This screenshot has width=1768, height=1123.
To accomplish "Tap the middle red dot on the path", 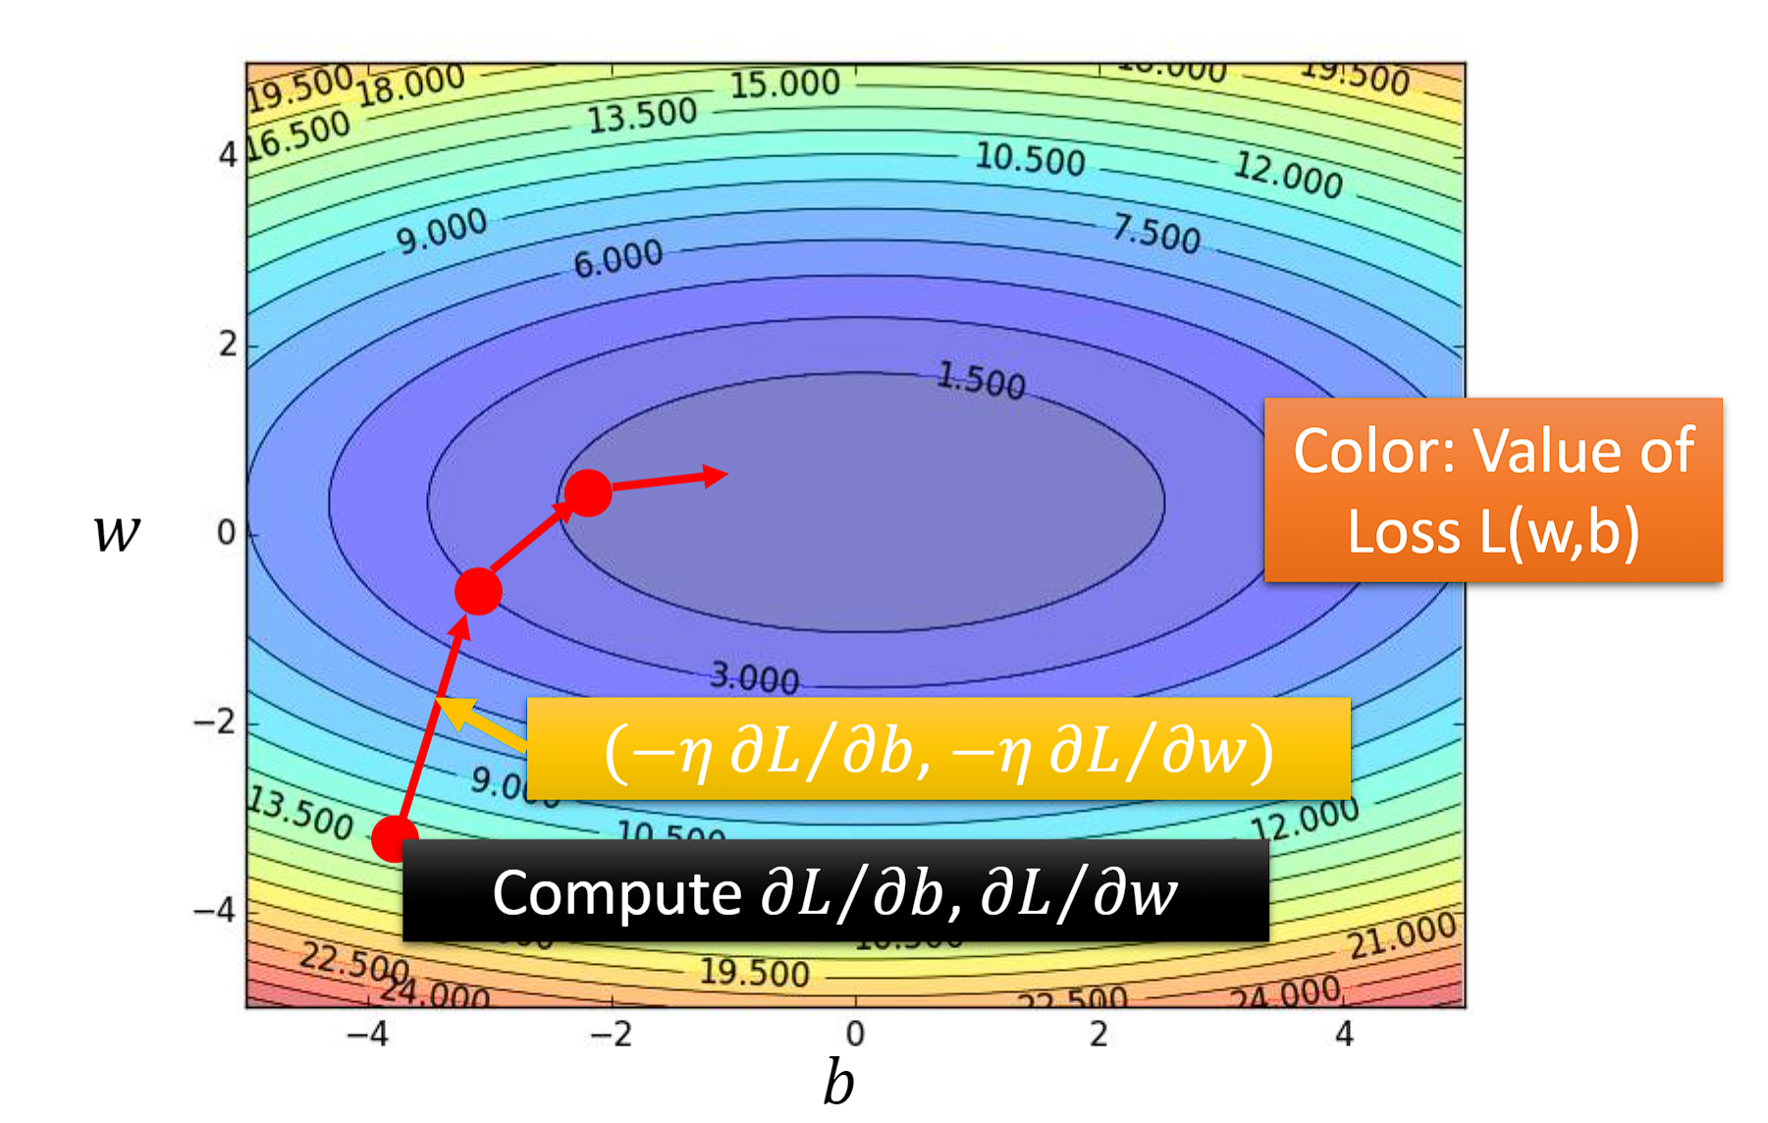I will [478, 591].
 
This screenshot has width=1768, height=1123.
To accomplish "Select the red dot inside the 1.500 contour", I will [588, 492].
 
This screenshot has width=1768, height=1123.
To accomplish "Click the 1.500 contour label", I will [981, 380].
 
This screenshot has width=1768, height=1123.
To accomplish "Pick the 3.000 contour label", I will [754, 676].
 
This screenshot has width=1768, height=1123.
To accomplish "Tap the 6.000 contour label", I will [618, 259].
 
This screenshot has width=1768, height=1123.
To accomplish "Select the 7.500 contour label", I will [1155, 235].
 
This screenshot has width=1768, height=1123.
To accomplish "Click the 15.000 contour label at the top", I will [784, 84].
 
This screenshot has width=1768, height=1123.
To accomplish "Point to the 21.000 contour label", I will [1401, 936].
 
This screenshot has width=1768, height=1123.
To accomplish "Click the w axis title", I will [117, 533].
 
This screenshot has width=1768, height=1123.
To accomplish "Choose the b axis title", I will [838, 1083].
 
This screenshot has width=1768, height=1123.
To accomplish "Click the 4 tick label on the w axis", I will [228, 155].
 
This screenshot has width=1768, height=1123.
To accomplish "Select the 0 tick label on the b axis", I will [855, 1034].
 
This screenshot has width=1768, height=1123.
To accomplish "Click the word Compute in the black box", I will [616, 893].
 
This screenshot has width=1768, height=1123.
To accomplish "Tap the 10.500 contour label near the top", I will [1030, 159].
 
